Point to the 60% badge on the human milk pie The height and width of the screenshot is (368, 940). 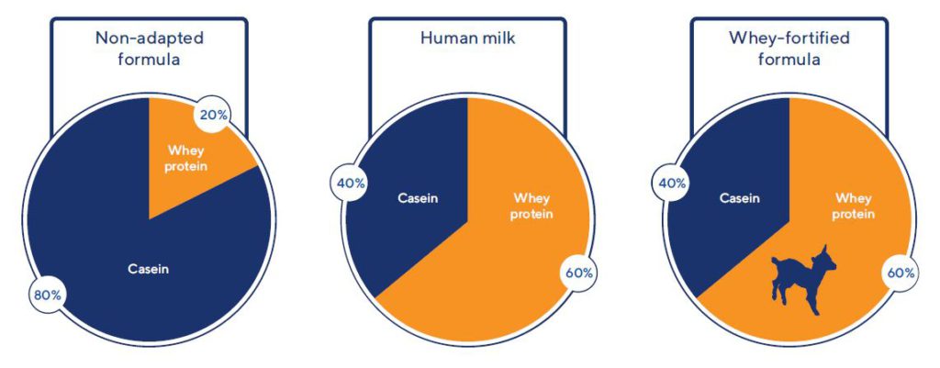click(578, 273)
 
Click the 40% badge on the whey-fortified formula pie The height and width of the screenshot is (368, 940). click(671, 184)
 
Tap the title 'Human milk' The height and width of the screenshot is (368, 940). click(467, 39)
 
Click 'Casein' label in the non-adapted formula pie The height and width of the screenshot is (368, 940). click(149, 269)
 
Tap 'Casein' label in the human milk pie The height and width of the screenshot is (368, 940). click(419, 198)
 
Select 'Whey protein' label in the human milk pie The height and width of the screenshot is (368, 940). click(532, 206)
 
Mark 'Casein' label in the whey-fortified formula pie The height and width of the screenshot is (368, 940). click(739, 198)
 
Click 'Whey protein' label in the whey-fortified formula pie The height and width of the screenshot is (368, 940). click(854, 206)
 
